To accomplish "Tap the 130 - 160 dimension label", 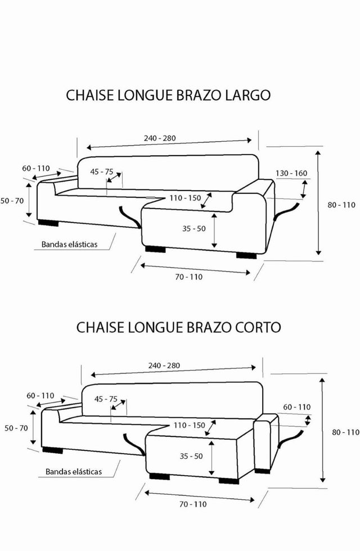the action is (x=291, y=173).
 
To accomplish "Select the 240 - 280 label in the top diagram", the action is (x=160, y=138).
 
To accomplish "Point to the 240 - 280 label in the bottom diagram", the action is (x=164, y=365).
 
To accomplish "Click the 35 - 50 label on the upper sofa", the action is (x=193, y=229).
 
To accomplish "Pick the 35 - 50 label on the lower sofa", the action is (x=191, y=456).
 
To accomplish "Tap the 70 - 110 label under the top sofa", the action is (x=189, y=277).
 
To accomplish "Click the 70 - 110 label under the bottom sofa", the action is (x=193, y=504).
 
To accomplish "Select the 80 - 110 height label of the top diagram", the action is (x=341, y=205).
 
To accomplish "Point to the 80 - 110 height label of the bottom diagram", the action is (x=345, y=432).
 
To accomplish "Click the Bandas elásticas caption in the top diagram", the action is (x=69, y=244).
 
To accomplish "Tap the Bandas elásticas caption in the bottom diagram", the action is (x=74, y=472).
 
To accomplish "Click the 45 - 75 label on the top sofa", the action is (x=102, y=172).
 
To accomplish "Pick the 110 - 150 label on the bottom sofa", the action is (x=189, y=425).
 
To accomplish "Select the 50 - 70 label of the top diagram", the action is (x=12, y=201).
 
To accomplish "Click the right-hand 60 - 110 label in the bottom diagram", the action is (x=297, y=407).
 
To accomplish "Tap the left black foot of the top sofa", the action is (x=48, y=223).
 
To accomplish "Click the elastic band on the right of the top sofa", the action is (x=287, y=211).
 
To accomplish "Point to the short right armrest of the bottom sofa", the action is (x=265, y=443).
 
